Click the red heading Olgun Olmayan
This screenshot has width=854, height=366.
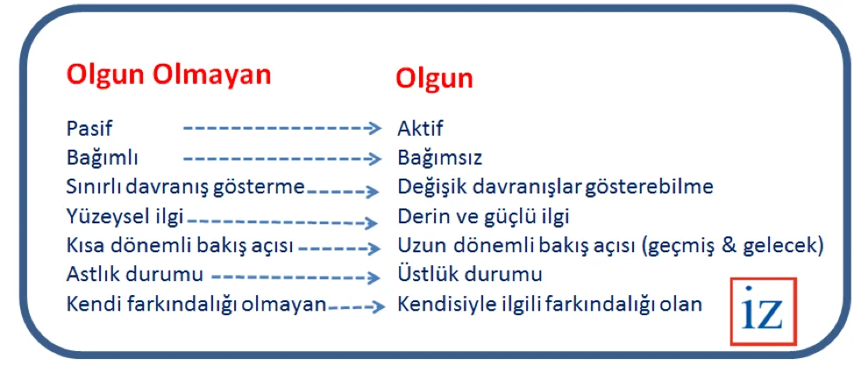168,74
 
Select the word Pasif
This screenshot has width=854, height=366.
89,129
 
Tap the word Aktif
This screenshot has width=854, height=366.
421,129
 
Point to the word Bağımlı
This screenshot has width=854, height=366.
103,158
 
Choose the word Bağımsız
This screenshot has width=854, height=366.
440,158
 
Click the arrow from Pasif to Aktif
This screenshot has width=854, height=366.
282,129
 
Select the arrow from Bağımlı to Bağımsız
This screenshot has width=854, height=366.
282,158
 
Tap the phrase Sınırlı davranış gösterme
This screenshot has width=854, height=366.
185,187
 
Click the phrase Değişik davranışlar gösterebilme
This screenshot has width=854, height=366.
556,187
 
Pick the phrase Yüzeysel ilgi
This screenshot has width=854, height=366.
125,216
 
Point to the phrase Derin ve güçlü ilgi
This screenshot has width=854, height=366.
484,216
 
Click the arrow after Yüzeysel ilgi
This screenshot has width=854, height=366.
282,222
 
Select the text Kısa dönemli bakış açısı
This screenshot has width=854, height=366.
180,246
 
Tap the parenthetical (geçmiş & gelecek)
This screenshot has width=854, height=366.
732,246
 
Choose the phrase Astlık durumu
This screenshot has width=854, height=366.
134,275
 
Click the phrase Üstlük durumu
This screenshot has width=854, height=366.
470,275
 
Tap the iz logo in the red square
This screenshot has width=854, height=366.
764,311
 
